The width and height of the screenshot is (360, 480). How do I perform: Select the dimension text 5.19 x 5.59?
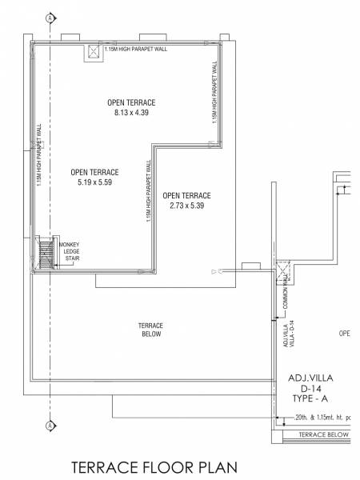point(94,182)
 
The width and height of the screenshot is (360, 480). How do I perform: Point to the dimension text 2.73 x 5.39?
point(186,206)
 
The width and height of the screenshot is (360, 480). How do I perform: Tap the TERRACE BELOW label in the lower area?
point(150,330)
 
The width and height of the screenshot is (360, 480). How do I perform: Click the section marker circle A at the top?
point(50,17)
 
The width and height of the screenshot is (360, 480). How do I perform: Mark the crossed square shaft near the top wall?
point(93,52)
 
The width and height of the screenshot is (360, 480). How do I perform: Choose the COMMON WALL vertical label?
point(284,294)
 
